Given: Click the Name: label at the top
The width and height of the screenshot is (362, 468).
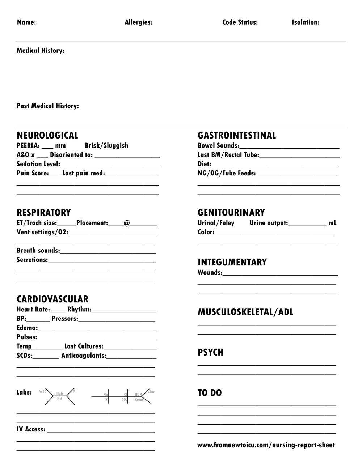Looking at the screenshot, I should pos(26,22).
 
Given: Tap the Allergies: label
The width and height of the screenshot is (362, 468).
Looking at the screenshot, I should pos(138,22).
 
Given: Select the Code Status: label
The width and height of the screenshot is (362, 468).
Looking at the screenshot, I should pos(240,22).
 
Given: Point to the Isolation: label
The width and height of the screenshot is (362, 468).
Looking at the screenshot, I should pos(306,22).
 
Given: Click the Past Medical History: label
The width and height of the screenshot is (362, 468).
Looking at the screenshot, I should pos(47,106).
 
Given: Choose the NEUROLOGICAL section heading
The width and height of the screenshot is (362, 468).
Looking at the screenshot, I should pos(47,136).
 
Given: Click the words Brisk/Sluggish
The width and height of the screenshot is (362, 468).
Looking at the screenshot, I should pos(106,145).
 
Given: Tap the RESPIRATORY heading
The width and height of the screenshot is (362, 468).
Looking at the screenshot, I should pos(44,213).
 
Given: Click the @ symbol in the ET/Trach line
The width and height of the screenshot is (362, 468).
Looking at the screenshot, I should pos(127,223).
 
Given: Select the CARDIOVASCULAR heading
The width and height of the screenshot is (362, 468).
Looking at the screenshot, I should pos(52,299).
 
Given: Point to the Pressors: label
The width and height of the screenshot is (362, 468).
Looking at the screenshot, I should pos(65,319).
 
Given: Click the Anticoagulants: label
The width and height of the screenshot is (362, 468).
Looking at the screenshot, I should pos(84,356).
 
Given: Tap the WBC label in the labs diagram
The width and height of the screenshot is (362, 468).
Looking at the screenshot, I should pos(43,391).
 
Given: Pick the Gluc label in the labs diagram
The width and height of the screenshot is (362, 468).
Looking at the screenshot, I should pos(151,392).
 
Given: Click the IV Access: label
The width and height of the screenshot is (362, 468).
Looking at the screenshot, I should pos(31,429).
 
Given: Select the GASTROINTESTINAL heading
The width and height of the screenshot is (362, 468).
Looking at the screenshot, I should pos(237,136).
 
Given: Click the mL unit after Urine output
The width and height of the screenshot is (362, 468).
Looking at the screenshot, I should pos(332,223).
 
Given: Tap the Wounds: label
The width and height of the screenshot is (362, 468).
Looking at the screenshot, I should pos(210,273).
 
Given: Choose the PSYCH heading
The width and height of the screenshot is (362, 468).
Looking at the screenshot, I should pos(210,353).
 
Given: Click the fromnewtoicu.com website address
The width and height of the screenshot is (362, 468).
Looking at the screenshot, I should pos(266,445).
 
